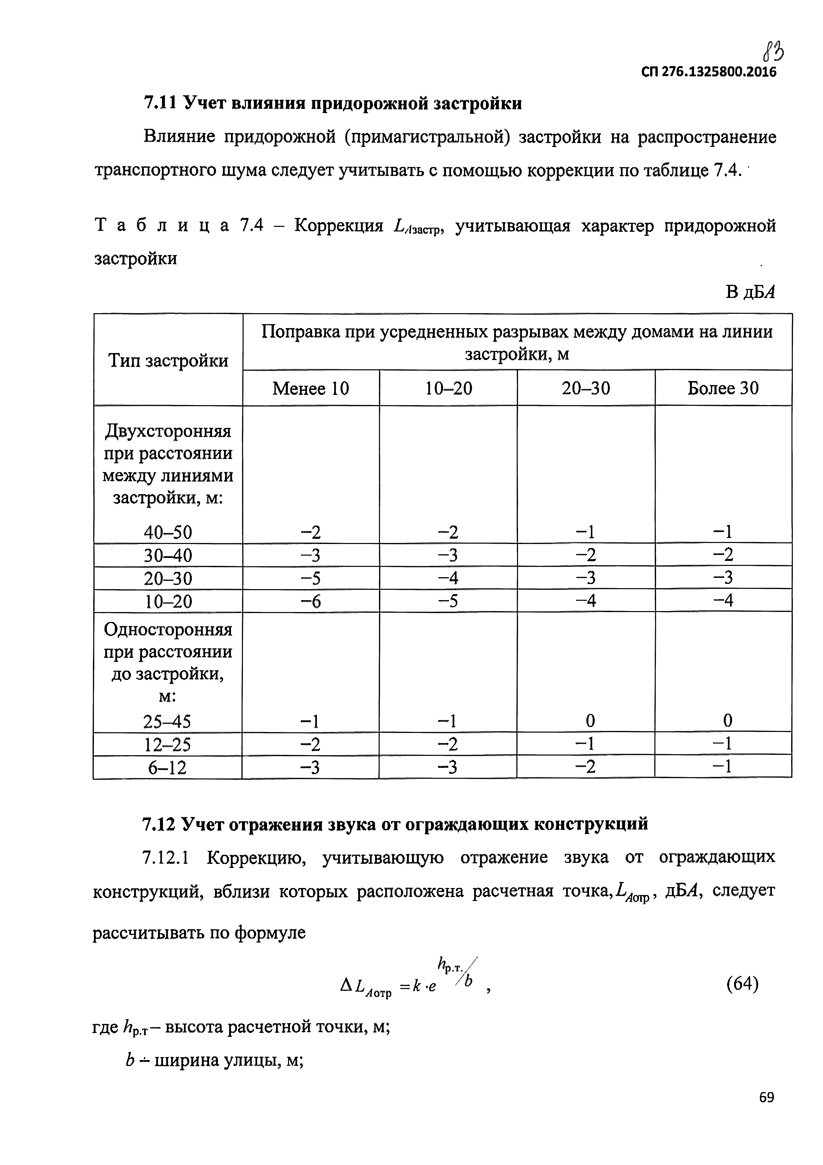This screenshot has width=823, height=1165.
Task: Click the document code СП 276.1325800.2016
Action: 709,72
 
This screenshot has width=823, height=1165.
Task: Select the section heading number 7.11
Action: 159,103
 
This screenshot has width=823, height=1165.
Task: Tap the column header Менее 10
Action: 311,389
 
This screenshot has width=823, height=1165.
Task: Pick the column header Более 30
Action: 723,388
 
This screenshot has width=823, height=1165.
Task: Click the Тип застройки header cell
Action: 168,361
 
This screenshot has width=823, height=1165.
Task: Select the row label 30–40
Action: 168,555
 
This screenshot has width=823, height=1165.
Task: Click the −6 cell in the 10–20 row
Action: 311,601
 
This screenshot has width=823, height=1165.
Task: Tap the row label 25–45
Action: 168,721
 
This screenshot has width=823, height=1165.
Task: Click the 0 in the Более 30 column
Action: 727,721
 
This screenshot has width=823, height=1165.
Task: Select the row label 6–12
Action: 168,767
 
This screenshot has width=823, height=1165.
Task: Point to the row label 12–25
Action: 168,744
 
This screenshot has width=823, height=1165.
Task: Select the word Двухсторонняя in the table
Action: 168,432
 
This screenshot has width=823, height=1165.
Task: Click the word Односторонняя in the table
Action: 168,630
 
